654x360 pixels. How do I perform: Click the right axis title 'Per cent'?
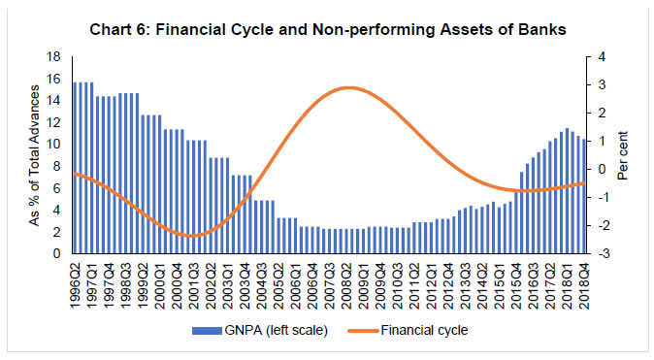tap(625, 156)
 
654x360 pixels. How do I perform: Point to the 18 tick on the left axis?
tap(57, 58)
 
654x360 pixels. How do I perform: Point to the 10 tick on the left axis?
tap(57, 146)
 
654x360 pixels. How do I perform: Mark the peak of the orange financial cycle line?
tap(347, 87)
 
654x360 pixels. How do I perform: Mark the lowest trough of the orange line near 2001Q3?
tap(192, 236)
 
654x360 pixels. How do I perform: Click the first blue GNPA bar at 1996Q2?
tap(76, 168)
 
